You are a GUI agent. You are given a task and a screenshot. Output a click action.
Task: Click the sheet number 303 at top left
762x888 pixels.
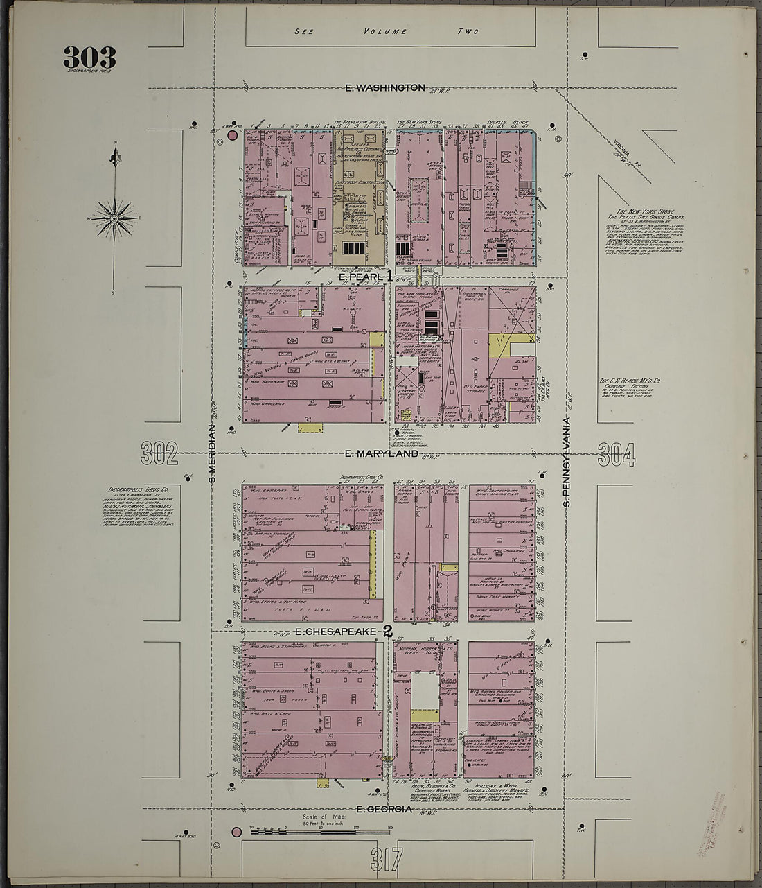pyautogui.click(x=89, y=57)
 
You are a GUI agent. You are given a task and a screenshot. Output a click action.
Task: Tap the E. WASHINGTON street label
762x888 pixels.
pyautogui.click(x=385, y=87)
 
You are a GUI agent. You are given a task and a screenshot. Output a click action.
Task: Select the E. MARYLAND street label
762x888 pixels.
pyautogui.click(x=381, y=453)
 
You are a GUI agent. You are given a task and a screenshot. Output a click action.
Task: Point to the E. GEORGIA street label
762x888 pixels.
pyautogui.click(x=384, y=809)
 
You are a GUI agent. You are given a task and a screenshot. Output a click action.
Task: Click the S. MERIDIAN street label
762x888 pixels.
pyautogui.click(x=213, y=453)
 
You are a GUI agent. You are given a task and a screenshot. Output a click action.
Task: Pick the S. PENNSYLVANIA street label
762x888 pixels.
pyautogui.click(x=566, y=460)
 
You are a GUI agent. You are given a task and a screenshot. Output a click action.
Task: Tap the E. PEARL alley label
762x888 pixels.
pyautogui.click(x=361, y=277)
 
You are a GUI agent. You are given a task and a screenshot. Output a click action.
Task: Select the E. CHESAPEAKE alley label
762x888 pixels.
pyautogui.click(x=335, y=632)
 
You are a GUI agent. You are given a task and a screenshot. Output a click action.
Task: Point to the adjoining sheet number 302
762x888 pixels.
pyautogui.click(x=159, y=454)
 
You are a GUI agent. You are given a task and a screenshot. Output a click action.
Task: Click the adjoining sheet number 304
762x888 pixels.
pyautogui.click(x=617, y=454)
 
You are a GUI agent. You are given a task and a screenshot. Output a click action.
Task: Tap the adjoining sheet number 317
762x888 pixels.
pyautogui.click(x=385, y=859)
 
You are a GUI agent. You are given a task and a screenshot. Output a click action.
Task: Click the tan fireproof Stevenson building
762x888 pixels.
pyautogui.click(x=360, y=201)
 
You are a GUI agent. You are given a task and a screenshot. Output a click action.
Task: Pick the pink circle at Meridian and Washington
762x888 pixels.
pyautogui.click(x=232, y=136)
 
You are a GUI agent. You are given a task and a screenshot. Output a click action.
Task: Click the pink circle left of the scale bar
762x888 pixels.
pyautogui.click(x=237, y=831)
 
